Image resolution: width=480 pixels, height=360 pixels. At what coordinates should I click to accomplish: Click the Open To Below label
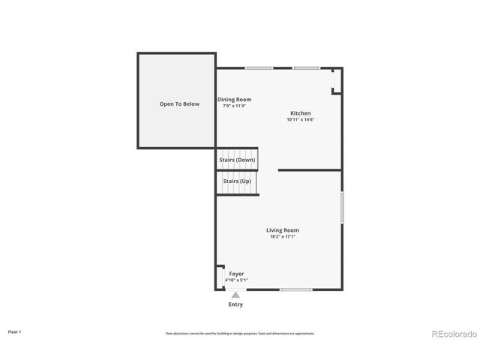[179, 104]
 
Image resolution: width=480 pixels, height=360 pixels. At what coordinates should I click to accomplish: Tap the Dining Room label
[234, 99]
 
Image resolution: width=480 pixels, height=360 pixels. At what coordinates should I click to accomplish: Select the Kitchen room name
[301, 113]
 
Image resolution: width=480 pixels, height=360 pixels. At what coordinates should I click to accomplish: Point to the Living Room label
[283, 230]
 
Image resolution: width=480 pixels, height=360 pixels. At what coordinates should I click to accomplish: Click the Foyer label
[236, 274]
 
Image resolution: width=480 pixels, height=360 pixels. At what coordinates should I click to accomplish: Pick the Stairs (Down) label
[237, 160]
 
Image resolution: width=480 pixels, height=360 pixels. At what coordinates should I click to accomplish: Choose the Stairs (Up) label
[237, 181]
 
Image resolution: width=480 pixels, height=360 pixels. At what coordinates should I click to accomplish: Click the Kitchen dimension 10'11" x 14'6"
[301, 120]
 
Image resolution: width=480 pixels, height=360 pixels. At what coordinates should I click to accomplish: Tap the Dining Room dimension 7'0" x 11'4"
[234, 106]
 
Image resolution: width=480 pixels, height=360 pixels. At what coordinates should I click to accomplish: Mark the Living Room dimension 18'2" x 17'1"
[283, 237]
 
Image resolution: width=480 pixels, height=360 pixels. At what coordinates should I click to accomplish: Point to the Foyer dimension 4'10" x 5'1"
[236, 280]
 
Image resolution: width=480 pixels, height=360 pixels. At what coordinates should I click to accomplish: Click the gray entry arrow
[235, 295]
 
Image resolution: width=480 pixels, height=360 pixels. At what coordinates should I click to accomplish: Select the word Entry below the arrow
[235, 304]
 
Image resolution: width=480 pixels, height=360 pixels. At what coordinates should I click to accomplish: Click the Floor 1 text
[14, 331]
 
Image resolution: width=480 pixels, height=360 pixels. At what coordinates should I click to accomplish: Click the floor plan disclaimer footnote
[240, 333]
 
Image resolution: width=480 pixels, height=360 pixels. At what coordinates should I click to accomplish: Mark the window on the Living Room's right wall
[342, 207]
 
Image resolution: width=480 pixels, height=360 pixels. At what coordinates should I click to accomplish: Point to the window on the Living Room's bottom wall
[295, 289]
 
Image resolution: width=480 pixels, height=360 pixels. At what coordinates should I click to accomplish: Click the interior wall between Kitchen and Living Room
[309, 170]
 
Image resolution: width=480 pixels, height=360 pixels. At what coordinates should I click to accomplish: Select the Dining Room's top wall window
[259, 68]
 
